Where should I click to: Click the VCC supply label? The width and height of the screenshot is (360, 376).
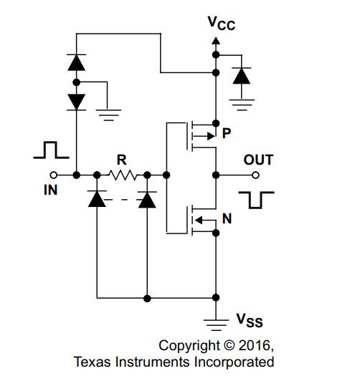pos(222,24)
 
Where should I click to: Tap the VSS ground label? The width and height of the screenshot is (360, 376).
pos(250,320)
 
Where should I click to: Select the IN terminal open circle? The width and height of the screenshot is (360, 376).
pos(54,175)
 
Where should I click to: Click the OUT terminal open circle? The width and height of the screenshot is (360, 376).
pos(256,175)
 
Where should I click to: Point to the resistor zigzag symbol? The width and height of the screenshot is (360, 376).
pos(123,175)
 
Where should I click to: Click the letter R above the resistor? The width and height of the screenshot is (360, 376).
pos(122,160)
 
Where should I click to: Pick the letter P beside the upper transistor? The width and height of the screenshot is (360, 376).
pos(227,133)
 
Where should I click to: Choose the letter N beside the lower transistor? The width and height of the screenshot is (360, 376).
pos(227,218)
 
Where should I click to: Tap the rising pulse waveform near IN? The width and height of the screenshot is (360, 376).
pos(51,150)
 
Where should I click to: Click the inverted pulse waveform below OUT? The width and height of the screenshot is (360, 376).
pos(256,201)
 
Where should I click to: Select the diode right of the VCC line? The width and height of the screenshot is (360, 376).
pos(242,76)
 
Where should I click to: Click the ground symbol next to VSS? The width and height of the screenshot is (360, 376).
pos(216,325)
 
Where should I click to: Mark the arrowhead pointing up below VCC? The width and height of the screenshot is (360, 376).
pos(216,41)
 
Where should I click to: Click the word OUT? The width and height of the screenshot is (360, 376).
pos(258,160)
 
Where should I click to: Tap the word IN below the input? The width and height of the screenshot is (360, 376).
pos(51,191)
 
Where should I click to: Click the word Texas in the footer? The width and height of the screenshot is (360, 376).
pos(93,362)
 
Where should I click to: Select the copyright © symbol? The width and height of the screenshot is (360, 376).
pos(229,345)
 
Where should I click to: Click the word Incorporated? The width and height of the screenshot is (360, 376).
pos(234,362)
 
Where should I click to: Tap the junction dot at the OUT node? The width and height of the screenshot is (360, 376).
pos(216,175)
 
